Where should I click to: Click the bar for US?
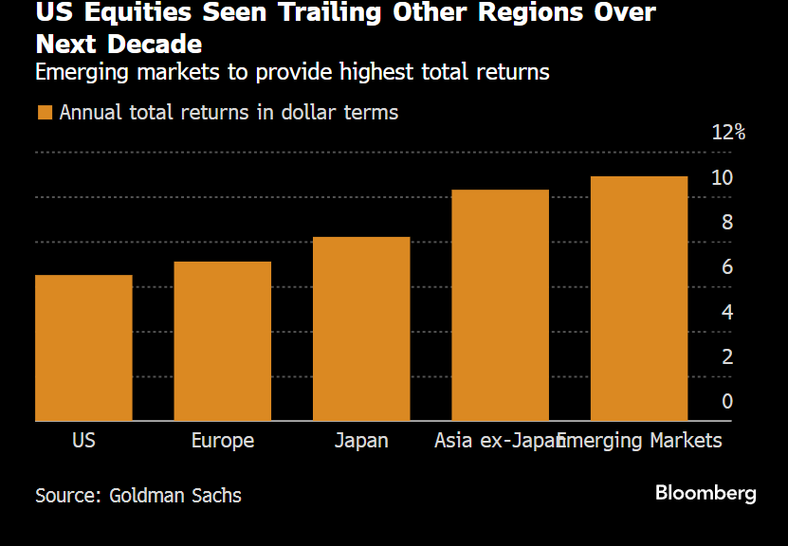point(83,348)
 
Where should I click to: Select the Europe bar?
point(223,341)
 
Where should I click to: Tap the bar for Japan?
point(361,329)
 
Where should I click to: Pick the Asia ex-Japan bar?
point(501,305)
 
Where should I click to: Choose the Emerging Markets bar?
point(639,299)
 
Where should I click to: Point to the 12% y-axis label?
point(728,132)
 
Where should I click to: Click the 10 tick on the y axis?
point(723,177)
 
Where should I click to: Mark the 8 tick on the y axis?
point(727,222)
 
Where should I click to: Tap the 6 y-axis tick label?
point(727,267)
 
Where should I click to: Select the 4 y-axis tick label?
point(727,312)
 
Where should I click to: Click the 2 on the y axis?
point(727,356)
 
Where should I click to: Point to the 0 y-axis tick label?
point(727,401)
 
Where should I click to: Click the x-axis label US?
point(83,441)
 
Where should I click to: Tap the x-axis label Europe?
point(223,441)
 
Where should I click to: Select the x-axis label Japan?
point(361,441)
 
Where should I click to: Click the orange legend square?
point(44,113)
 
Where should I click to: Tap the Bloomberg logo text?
point(706,493)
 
